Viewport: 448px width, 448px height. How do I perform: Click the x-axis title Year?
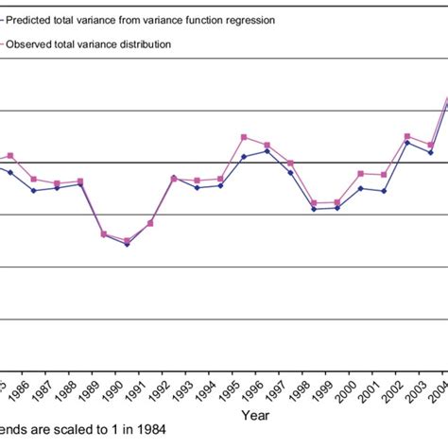[x=254, y=415]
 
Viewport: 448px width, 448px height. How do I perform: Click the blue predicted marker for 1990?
[x=128, y=244]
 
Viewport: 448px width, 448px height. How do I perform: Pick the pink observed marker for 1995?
[x=244, y=137]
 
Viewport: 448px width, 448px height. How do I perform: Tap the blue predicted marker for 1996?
[x=267, y=150]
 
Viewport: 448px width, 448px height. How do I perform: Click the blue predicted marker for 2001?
[x=384, y=191]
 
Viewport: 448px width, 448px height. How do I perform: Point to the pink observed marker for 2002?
[x=407, y=136]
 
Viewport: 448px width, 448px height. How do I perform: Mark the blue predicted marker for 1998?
[x=314, y=209]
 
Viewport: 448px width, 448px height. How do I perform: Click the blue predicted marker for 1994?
[x=220, y=185]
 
